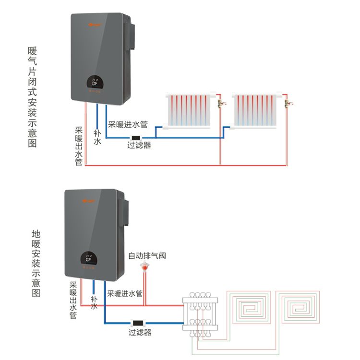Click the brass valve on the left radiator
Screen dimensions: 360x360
pos(221,103)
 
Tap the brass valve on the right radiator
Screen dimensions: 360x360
pos(289,103)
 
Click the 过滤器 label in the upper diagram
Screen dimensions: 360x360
pos(139,145)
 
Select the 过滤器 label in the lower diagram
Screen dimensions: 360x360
pos(140,332)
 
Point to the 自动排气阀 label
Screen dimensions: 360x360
pos(147,256)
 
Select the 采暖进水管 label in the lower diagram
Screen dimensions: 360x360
pos(124,293)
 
